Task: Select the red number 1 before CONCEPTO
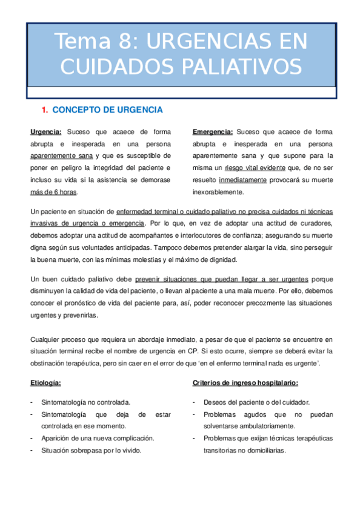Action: pos(44,109)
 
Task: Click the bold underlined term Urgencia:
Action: pos(46,131)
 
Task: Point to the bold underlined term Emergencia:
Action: pos(213,131)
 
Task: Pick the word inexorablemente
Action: pos(218,192)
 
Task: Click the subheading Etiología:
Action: pos(45,382)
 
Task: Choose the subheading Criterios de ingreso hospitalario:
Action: pos(245,382)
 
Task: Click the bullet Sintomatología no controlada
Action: pos(85,402)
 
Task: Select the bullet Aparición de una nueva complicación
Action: pos(98,438)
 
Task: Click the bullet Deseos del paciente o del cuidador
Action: pos(257,402)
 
